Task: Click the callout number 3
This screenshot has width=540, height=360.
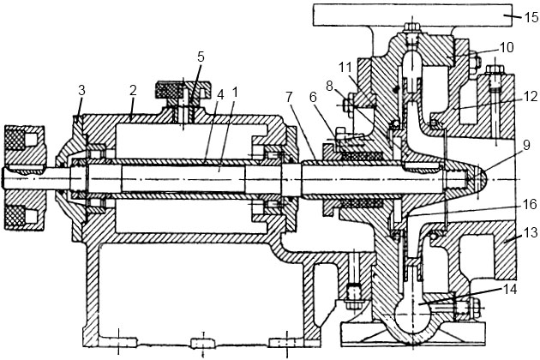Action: tap(81, 91)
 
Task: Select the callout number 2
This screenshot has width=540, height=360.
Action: tap(132, 89)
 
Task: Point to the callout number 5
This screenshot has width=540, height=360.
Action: tap(201, 57)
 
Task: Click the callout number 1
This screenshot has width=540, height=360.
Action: tap(236, 89)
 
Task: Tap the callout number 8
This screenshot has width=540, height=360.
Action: tap(329, 86)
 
